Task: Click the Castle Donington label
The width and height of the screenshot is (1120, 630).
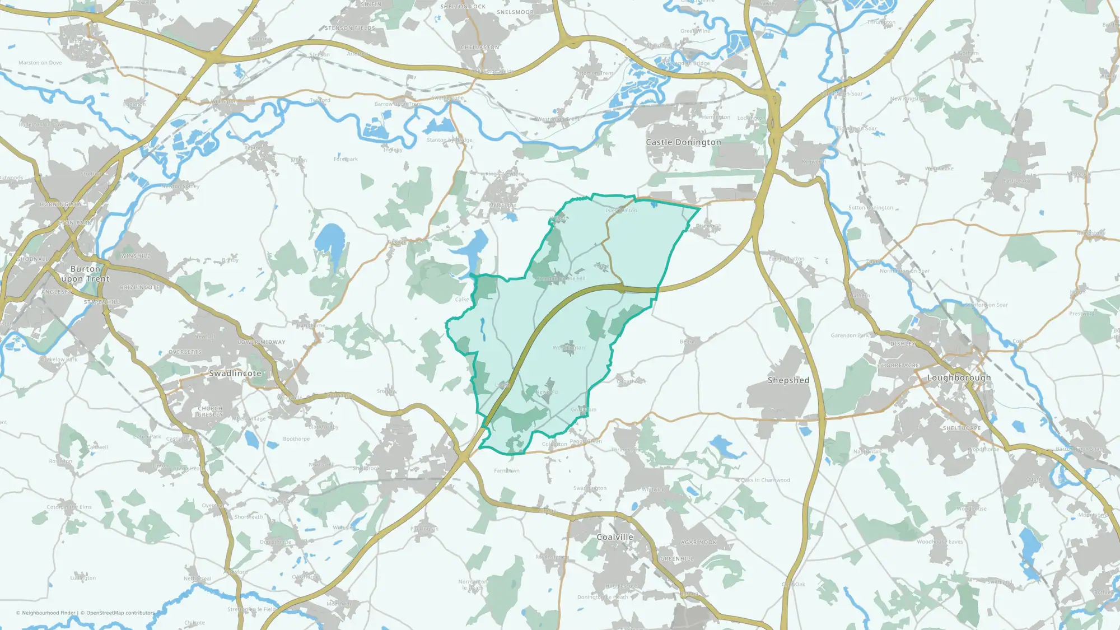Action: (x=683, y=142)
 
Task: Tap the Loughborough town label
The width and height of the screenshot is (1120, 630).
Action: (x=959, y=378)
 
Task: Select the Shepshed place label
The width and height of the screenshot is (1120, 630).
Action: (x=788, y=380)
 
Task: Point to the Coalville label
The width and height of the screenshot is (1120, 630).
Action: (x=615, y=537)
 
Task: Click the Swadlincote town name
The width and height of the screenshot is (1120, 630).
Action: (x=235, y=374)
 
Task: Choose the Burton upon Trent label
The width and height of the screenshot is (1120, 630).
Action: (x=86, y=274)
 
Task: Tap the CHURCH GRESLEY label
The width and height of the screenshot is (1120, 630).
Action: (x=210, y=412)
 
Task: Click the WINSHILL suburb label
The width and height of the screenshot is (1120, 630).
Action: (x=136, y=256)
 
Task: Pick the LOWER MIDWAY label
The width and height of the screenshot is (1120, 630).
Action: (x=262, y=342)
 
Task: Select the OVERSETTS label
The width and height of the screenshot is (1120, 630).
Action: (x=185, y=352)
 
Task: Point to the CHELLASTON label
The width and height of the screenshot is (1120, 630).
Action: (x=480, y=48)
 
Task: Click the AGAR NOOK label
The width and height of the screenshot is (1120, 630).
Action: (x=699, y=542)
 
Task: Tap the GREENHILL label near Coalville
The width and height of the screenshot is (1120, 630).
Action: (x=676, y=559)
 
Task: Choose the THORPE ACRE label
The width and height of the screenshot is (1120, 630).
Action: (x=899, y=366)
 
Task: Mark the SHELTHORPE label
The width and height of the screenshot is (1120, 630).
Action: (x=962, y=428)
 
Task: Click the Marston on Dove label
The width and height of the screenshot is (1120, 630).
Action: (x=40, y=63)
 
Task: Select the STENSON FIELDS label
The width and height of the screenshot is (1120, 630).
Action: (x=350, y=28)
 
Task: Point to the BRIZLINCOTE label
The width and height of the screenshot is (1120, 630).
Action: (x=140, y=287)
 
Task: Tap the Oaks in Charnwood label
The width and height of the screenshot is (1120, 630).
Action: (x=765, y=480)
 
